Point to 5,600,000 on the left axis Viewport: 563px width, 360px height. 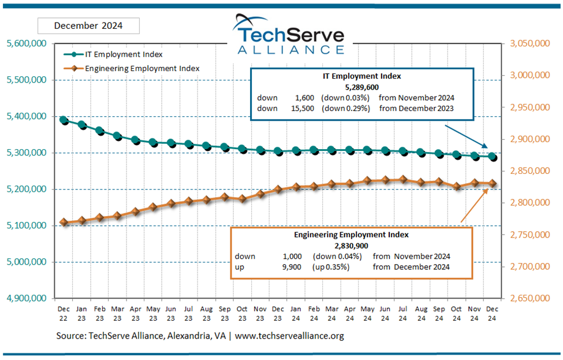tap(27, 43)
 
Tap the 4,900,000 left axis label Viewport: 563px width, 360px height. tap(27, 298)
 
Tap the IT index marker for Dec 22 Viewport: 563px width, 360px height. tap(64, 120)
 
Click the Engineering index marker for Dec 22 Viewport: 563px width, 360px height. tap(64, 222)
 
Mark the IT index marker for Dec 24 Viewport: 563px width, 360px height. tap(493, 156)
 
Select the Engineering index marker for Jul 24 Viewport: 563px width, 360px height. tap(402, 180)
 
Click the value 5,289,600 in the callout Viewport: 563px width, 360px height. tap(362, 87)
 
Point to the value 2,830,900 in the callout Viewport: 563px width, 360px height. tap(351, 246)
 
